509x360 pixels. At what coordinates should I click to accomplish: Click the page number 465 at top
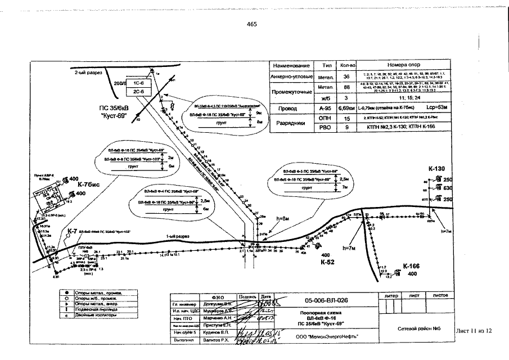click(x=251, y=24)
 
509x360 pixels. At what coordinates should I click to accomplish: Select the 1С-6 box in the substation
click(x=138, y=82)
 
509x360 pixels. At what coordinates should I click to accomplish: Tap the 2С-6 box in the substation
click(x=138, y=91)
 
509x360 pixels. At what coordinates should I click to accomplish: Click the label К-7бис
click(x=89, y=184)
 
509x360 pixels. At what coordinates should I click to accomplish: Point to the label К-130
click(x=436, y=169)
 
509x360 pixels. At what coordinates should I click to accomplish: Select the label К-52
click(x=328, y=262)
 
